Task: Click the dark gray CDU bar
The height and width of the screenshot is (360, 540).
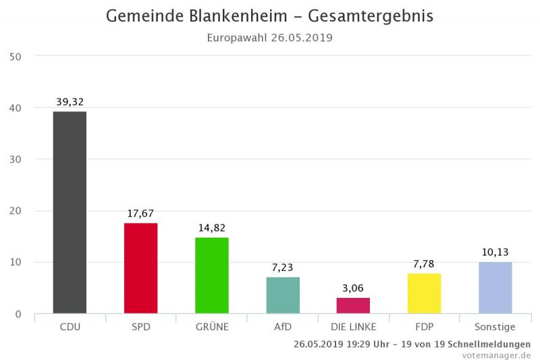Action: point(70,212)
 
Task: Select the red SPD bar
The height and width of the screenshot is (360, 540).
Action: point(141,268)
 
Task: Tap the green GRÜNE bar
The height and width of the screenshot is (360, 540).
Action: point(212,276)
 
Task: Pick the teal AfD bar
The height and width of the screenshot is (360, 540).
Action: point(283,295)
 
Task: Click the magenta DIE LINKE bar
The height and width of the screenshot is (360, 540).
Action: point(353,306)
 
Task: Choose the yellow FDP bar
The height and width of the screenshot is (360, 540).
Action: point(424,294)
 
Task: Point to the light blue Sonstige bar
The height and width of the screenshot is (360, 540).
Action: point(495,288)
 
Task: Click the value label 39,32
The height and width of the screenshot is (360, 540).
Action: point(70,102)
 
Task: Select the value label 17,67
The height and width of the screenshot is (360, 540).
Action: point(141,213)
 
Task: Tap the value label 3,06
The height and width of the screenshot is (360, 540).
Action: point(353,288)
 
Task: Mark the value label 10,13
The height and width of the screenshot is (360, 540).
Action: point(495,252)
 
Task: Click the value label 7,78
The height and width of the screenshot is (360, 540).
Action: point(424,264)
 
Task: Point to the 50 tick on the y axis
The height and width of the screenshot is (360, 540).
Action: point(16,56)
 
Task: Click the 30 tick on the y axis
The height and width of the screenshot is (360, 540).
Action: point(16,159)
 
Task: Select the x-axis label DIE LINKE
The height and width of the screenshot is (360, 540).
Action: point(353,327)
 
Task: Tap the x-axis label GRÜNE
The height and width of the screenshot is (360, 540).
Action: point(212,327)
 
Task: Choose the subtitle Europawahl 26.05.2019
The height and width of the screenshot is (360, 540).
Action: point(270,38)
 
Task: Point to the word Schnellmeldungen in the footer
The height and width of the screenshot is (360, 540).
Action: point(489,344)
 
